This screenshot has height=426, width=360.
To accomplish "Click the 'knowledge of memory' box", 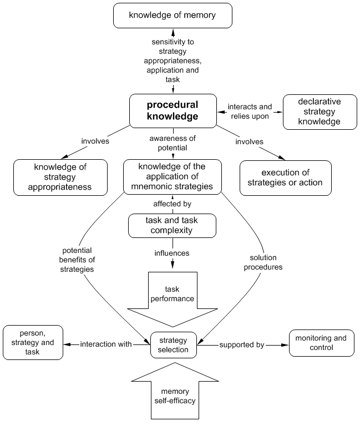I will tap(172, 16).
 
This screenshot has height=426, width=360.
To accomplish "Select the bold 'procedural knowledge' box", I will tap(172, 110).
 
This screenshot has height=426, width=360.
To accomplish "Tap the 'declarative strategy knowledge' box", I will tap(319, 111).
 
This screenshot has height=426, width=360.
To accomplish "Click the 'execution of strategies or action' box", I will tap(285, 177).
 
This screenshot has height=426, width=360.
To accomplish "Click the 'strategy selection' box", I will tap(173, 344).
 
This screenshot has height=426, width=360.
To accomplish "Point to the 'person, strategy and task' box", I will tap(33, 343).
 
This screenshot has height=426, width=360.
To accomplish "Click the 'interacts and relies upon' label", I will tap(250, 111).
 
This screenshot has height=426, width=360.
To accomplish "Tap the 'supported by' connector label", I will tap(241, 344).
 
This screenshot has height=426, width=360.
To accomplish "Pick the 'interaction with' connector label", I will tap(106, 344).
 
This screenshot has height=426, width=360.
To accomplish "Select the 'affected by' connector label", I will tap(172, 204).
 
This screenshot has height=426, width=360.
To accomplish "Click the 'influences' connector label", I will tap(172, 253).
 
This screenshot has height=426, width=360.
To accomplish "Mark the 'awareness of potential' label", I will tap(172, 144).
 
